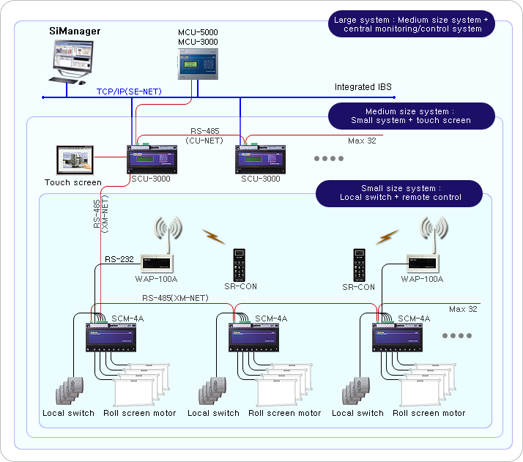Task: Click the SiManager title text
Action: (x=74, y=31)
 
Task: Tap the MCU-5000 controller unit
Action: (x=199, y=64)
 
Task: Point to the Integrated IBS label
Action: (x=363, y=87)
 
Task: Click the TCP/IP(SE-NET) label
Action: (x=129, y=92)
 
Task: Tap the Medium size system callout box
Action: (x=410, y=116)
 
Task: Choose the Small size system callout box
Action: (x=400, y=193)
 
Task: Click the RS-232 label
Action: (x=119, y=259)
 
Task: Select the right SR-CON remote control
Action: (x=360, y=266)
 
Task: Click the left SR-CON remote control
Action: (x=240, y=264)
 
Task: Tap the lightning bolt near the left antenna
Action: (x=213, y=236)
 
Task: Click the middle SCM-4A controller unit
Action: (x=262, y=336)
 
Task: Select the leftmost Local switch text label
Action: (x=68, y=413)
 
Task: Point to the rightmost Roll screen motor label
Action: (x=429, y=413)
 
